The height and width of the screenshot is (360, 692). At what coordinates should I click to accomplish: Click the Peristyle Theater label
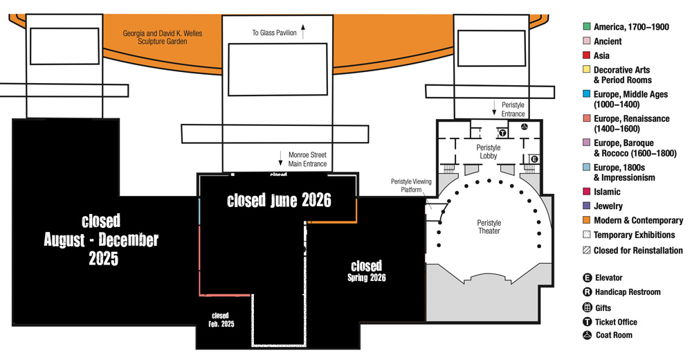[489, 226]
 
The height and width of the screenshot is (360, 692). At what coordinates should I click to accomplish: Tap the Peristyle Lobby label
[489, 152]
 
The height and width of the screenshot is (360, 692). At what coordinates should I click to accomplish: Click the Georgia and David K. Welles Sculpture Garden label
[163, 37]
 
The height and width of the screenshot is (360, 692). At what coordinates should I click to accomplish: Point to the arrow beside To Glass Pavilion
[303, 32]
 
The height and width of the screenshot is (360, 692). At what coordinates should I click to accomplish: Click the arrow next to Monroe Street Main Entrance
[280, 159]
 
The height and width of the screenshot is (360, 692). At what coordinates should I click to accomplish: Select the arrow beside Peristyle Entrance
[494, 108]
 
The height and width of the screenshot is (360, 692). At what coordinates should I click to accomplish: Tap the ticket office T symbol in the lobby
[502, 132]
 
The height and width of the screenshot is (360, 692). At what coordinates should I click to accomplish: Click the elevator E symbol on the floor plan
[534, 159]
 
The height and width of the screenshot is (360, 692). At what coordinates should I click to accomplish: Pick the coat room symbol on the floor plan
[525, 127]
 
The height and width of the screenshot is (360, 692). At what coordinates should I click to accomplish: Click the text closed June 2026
[279, 200]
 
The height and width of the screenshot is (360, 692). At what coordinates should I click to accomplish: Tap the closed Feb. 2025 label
[221, 320]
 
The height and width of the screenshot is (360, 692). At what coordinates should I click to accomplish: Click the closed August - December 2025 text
[101, 240]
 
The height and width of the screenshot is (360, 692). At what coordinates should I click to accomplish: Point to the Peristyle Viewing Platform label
[411, 186]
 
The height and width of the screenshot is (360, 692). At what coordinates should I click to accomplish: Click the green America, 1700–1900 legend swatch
[587, 26]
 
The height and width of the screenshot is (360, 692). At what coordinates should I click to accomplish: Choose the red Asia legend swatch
[587, 55]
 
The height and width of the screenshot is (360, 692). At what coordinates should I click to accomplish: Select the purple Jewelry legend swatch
[587, 206]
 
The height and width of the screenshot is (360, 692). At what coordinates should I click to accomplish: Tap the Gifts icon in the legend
[588, 308]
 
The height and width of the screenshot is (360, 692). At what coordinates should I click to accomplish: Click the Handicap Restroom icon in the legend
[588, 292]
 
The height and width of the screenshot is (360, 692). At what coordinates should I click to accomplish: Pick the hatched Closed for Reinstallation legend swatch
[587, 251]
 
